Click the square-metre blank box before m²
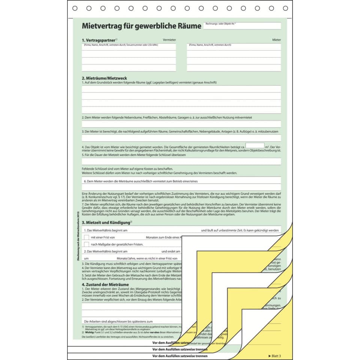tap(255, 145)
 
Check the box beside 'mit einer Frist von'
tap(87, 237)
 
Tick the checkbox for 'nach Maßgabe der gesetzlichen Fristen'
tap(87, 244)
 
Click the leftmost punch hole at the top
tap(75, 8)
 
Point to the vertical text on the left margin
tap(78, 236)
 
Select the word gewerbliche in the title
tap(150, 26)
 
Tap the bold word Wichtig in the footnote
tap(89, 332)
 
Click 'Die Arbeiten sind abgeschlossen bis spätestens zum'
tap(118, 321)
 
